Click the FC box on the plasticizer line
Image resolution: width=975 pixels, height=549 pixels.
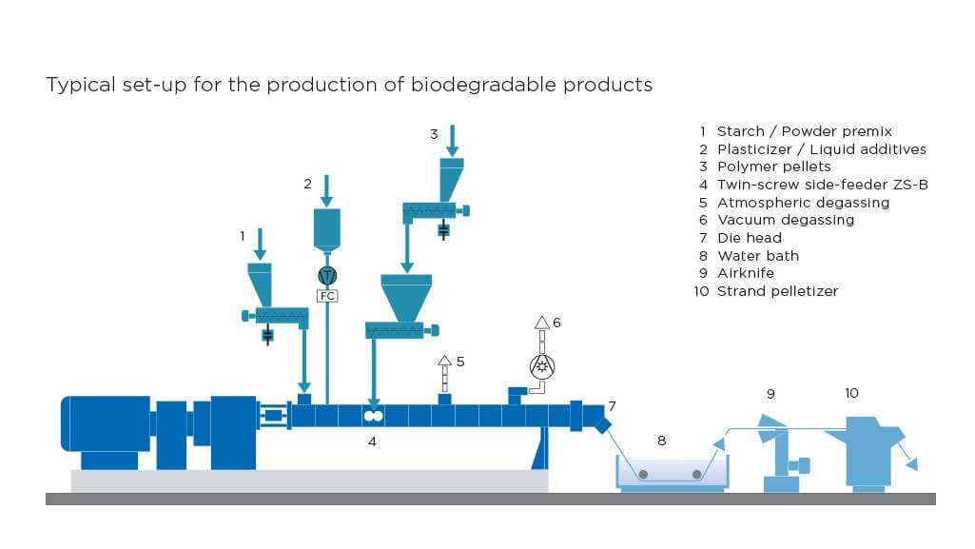(x=327, y=295)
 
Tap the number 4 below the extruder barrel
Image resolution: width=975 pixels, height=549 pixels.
(x=373, y=441)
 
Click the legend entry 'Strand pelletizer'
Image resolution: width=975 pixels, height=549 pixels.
(x=777, y=291)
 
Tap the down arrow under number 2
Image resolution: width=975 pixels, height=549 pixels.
(x=327, y=190)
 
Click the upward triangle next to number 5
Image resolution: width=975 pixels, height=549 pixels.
(x=443, y=362)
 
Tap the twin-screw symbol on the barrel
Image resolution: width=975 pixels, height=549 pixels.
(x=373, y=417)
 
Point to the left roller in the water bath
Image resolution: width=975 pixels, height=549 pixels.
(x=644, y=475)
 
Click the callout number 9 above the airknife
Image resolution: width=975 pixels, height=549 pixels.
(x=770, y=393)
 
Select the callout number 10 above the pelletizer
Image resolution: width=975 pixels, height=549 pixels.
(x=851, y=393)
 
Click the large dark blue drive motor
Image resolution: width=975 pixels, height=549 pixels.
(x=105, y=423)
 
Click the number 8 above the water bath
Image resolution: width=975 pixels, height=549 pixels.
(x=661, y=441)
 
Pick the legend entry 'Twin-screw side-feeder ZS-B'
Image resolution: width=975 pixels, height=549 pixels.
(x=822, y=185)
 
